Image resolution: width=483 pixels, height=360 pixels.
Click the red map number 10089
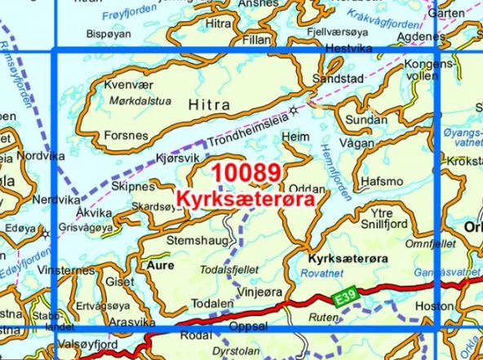pos(246,174)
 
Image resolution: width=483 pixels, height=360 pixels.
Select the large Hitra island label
pos(205,104)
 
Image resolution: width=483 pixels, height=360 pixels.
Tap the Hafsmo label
pos(382,181)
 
